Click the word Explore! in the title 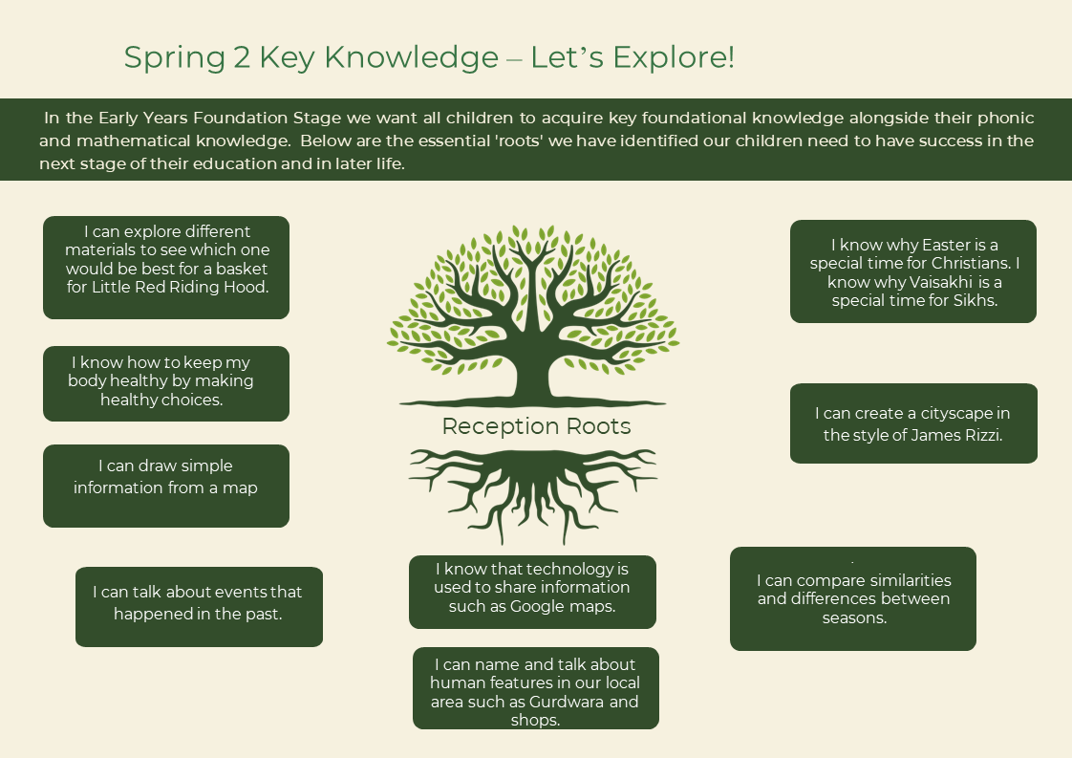pyautogui.click(x=674, y=57)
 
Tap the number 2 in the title pyautogui.click(x=242, y=57)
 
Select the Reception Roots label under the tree pyautogui.click(x=536, y=426)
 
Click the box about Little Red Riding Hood pyautogui.click(x=166, y=268)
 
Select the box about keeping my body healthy pyautogui.click(x=166, y=384)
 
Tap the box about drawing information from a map pyautogui.click(x=166, y=486)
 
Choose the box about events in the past pyautogui.click(x=199, y=607)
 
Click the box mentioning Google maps pyautogui.click(x=532, y=592)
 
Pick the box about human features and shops pyautogui.click(x=536, y=688)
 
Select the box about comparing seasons pyautogui.click(x=853, y=598)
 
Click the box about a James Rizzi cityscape pyautogui.click(x=914, y=423)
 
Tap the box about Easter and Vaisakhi pyautogui.click(x=913, y=271)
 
